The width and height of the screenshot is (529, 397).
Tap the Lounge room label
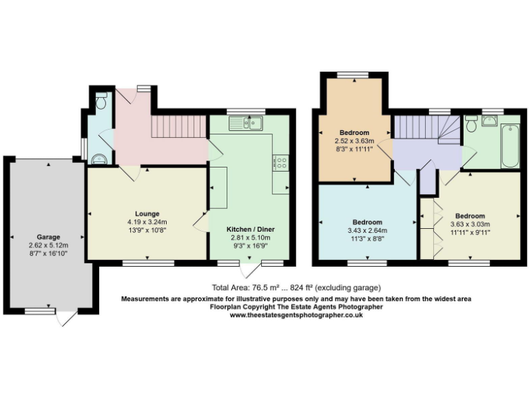point(147,214)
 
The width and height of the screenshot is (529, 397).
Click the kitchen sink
point(246,123)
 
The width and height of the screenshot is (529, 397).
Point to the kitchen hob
point(281,163)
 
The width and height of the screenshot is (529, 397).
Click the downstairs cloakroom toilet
point(101,102)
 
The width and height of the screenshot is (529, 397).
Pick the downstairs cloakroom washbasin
point(99,159)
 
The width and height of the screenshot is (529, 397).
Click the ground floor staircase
point(179,127)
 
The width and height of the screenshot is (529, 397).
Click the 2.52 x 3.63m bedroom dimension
point(355,141)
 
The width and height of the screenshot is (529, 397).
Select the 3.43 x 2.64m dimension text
point(369,230)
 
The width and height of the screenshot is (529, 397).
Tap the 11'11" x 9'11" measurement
point(470,232)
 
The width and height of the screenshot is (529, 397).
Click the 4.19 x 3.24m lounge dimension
point(147,222)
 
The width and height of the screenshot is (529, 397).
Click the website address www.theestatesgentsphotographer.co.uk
point(296,315)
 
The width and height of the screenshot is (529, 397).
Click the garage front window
point(40,312)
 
